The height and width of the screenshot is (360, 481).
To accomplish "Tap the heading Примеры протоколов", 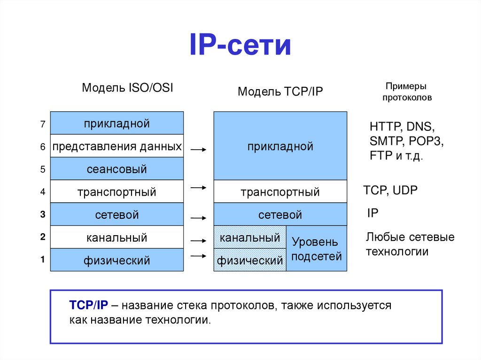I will point(407,92).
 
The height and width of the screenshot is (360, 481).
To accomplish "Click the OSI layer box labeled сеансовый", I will point(116,169).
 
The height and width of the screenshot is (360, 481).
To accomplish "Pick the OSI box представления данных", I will point(116,146).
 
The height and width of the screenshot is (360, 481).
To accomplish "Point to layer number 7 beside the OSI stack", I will point(42,124).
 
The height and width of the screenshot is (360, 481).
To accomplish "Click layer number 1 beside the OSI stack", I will point(42,259).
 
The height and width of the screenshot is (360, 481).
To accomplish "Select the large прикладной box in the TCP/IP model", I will point(280,146).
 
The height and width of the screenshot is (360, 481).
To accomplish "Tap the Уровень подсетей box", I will point(316,249).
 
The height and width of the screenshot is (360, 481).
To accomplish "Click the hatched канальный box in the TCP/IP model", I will point(250,237).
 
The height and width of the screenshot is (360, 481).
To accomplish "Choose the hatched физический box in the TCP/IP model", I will point(250,260).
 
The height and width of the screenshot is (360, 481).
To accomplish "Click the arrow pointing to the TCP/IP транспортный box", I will point(198,188).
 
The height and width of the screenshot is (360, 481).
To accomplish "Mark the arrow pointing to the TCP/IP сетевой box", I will point(198,218).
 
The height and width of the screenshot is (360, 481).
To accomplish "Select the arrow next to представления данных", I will point(198,150).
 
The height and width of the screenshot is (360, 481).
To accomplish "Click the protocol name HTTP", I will point(384,127).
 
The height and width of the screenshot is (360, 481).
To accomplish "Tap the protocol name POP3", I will point(426,141).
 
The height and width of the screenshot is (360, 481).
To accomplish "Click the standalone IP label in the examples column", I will point(372,213).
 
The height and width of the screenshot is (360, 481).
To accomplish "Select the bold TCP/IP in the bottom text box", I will point(89,305).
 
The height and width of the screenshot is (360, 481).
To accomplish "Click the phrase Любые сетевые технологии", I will point(410,244).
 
